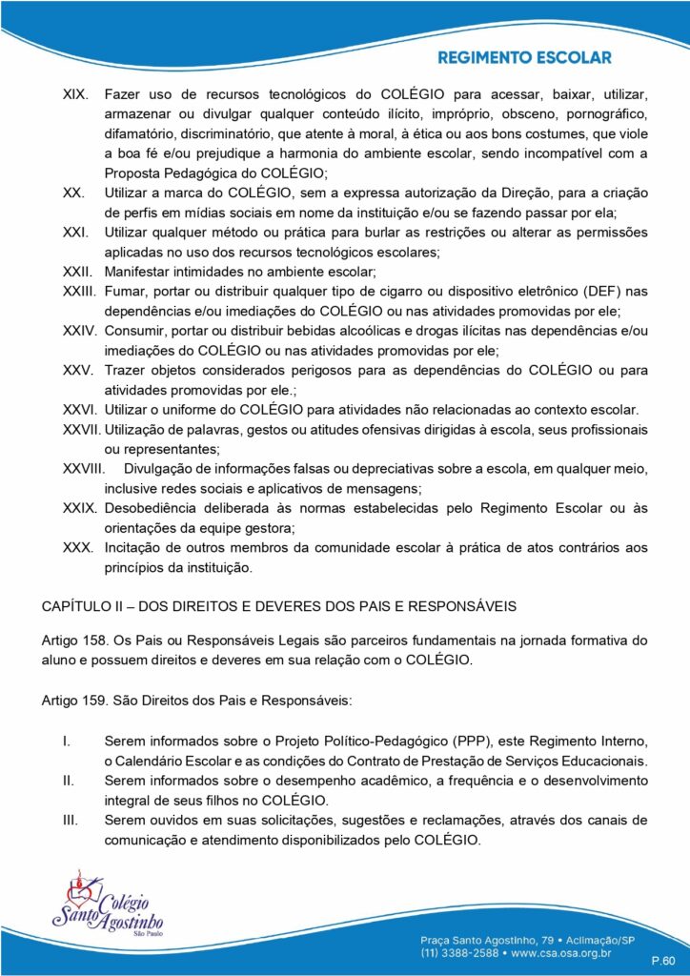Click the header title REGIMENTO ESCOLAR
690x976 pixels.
click(x=524, y=58)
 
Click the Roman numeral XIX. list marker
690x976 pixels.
click(x=75, y=95)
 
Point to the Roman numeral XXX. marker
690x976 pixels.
click(x=76, y=547)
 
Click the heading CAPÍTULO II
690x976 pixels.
click(x=89, y=606)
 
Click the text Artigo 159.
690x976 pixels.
click(x=74, y=701)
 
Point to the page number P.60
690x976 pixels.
click(x=663, y=960)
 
